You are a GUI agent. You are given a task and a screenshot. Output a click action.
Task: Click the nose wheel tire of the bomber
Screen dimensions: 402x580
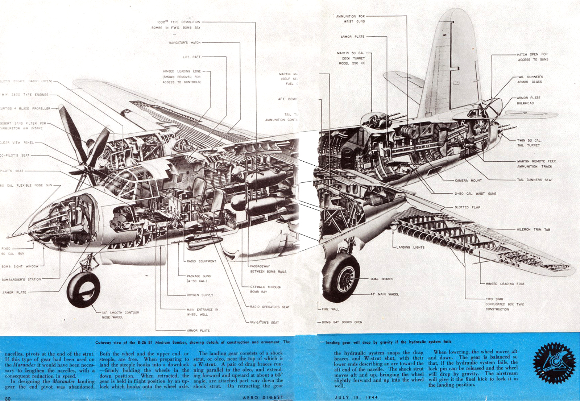83,290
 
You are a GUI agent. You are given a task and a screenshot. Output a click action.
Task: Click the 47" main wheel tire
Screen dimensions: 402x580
341,277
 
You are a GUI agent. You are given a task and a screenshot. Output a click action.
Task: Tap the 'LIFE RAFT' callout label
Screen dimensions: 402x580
191,57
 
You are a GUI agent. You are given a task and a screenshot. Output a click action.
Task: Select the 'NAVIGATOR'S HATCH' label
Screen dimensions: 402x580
185,43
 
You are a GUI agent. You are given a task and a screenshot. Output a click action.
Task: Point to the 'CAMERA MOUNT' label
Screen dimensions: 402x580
468,181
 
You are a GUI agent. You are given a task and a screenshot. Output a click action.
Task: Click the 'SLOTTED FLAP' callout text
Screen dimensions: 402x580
467,207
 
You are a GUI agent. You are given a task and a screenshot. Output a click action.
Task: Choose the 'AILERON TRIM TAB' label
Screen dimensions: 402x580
533,229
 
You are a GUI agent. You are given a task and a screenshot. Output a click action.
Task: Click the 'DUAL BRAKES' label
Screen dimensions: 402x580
382,279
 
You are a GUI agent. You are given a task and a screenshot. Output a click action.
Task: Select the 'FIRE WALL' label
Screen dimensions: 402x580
330,309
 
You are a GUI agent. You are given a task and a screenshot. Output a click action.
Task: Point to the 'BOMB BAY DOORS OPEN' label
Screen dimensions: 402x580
342,322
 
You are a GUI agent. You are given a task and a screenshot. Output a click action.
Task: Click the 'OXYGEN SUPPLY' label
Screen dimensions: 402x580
200,295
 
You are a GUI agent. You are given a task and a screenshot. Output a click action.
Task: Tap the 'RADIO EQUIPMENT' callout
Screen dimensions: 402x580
201,261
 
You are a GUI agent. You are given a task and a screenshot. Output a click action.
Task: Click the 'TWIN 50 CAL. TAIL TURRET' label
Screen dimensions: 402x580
529,143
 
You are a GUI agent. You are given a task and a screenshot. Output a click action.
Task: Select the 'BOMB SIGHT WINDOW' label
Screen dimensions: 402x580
20,266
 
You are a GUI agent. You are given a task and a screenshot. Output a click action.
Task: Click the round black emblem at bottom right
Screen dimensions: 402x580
554,364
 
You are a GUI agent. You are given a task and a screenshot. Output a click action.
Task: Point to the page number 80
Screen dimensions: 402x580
8,399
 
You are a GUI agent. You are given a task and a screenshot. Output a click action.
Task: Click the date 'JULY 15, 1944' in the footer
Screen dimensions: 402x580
356,398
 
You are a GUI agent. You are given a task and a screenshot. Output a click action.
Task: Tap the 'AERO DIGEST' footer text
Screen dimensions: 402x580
263,398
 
